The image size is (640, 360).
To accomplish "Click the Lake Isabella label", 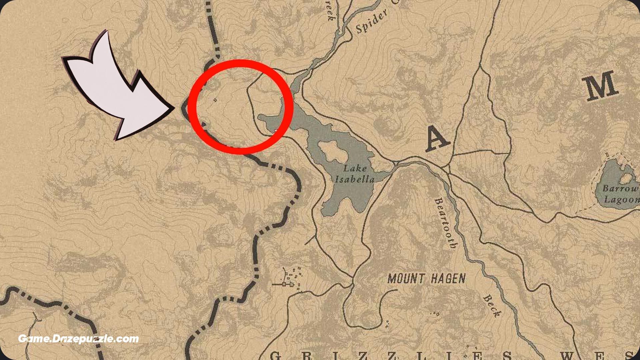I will click(x=355, y=174).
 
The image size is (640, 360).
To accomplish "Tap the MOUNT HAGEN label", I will click(x=426, y=278).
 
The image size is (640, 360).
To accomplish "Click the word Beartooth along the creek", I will click(x=445, y=223).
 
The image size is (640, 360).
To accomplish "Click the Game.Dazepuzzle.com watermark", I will click(x=78, y=339).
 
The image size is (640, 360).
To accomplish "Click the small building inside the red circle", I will click(x=215, y=100).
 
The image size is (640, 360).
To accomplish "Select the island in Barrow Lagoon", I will click(x=625, y=178).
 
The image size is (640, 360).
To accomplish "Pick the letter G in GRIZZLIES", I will click(x=275, y=355).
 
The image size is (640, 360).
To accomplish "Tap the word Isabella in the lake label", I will click(x=355, y=180).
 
